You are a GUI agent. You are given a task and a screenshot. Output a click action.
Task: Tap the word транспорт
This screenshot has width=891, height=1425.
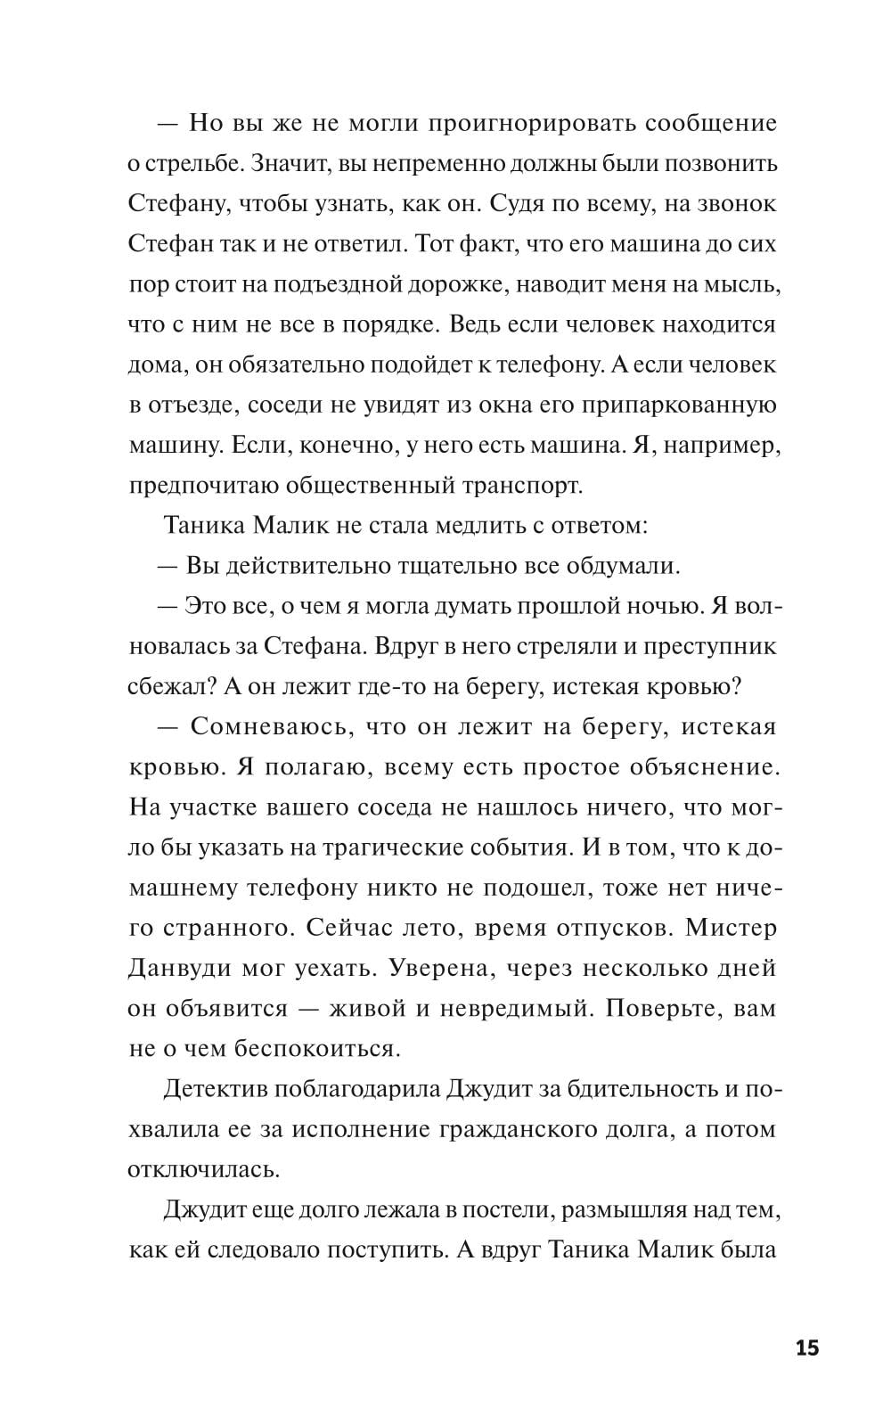tap(521, 485)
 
